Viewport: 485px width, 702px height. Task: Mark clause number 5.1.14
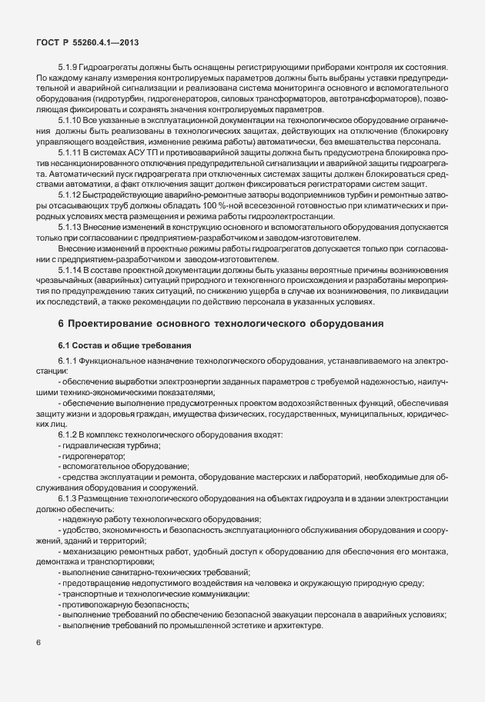coord(71,251)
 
